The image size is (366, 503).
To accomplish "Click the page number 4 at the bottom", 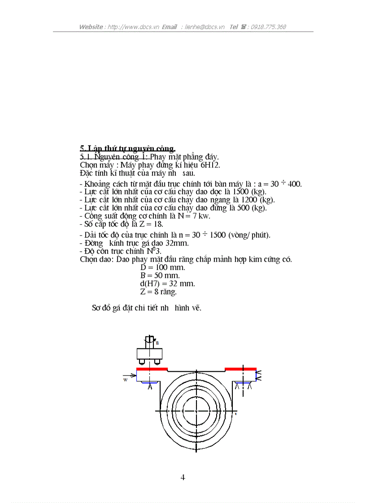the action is pyautogui.click(x=183, y=477).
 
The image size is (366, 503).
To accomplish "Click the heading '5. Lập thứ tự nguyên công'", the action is pyautogui.click(x=127, y=148).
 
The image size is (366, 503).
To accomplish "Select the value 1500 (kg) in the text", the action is pyautogui.click(x=249, y=191).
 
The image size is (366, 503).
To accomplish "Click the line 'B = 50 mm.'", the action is pyautogui.click(x=160, y=275).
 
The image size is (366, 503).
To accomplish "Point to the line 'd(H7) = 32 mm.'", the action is pyautogui.click(x=167, y=284).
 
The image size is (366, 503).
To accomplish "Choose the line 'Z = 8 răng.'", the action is pyautogui.click(x=159, y=292).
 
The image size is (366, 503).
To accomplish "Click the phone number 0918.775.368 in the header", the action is pyautogui.click(x=268, y=27).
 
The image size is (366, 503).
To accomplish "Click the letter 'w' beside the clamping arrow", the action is pyautogui.click(x=125, y=379).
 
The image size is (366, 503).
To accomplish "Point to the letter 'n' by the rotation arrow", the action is pyautogui.click(x=157, y=342).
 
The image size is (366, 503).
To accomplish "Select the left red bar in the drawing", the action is pyautogui.click(x=152, y=370).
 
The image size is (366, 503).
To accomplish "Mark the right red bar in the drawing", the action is pyautogui.click(x=240, y=370).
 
